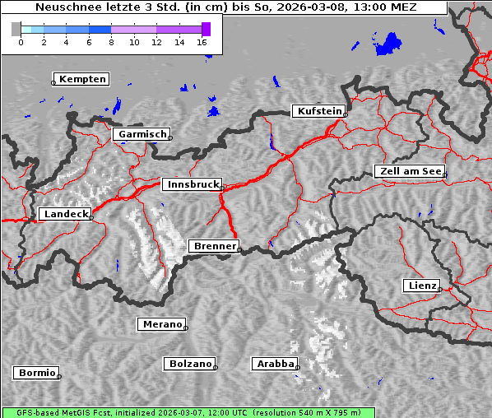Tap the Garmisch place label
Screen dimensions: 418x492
point(142,133)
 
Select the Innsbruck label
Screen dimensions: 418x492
point(192,185)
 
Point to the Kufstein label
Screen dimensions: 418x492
point(318,111)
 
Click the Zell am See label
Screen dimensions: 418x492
point(410,171)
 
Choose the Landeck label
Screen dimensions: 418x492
point(64,214)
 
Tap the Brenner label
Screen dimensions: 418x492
point(214,246)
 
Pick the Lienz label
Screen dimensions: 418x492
point(421,286)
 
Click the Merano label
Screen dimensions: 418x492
point(161,324)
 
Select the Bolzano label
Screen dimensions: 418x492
point(191,363)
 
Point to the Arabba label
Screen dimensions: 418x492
point(274,363)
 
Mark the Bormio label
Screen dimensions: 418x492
point(36,373)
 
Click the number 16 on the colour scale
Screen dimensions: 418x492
point(202,41)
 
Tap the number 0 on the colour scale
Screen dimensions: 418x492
point(21,41)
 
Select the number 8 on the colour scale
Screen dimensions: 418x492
point(111,41)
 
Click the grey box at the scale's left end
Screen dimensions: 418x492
point(16,29)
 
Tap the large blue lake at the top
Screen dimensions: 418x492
point(388,44)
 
